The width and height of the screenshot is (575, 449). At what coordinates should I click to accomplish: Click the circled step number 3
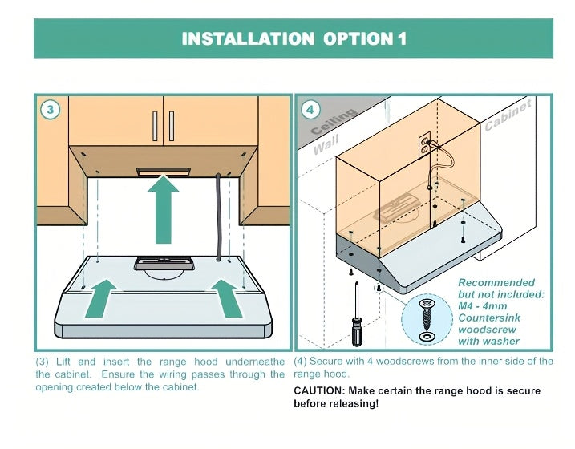click(51, 109)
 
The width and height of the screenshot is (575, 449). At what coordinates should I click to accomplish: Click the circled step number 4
click(310, 109)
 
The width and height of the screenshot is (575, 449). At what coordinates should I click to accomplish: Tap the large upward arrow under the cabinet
click(163, 209)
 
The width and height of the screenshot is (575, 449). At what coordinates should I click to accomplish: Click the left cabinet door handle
click(155, 126)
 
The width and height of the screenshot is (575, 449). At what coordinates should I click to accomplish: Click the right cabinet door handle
click(172, 126)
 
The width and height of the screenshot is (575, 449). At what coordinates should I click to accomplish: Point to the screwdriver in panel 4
click(357, 314)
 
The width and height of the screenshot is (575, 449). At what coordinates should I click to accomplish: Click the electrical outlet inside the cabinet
click(425, 145)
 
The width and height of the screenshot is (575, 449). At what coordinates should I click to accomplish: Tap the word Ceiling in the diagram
click(334, 121)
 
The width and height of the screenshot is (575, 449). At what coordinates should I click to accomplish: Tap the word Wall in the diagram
click(326, 145)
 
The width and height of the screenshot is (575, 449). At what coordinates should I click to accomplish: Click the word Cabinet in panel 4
click(508, 115)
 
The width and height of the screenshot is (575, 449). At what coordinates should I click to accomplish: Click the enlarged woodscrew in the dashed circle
click(427, 314)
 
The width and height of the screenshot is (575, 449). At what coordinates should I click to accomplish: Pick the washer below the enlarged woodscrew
click(427, 336)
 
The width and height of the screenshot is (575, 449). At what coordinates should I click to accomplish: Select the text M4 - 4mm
click(482, 306)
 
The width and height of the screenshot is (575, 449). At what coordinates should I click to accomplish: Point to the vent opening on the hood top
click(164, 264)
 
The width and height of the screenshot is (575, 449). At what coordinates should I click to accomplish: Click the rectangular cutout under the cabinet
click(164, 171)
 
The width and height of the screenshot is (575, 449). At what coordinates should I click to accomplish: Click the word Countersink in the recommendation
click(489, 318)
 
